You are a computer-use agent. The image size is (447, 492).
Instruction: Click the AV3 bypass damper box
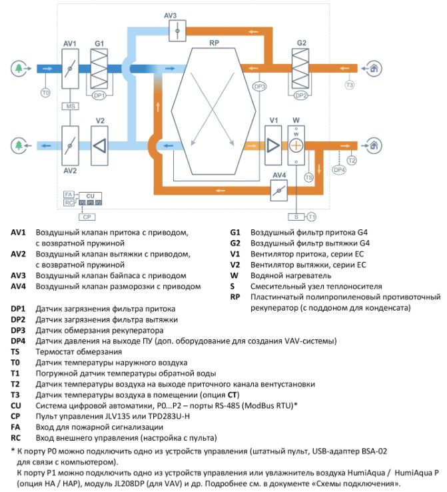click(x=177, y=31)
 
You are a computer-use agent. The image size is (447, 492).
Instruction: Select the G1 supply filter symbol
click(x=99, y=69)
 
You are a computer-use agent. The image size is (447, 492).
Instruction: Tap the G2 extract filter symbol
click(x=300, y=68)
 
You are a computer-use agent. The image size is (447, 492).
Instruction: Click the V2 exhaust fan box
click(x=99, y=145)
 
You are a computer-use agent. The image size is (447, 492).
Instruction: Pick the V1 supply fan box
click(x=273, y=145)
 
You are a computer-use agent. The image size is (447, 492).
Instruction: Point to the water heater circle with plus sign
click(x=296, y=145)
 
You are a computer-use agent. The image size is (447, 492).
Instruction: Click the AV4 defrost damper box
click(x=278, y=190)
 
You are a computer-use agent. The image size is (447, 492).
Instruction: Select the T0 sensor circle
click(x=46, y=93)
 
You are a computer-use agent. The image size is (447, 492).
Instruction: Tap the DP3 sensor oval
click(x=260, y=86)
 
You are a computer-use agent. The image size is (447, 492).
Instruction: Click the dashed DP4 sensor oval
click(x=339, y=170)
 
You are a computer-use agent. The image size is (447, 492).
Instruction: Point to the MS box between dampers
click(x=70, y=107)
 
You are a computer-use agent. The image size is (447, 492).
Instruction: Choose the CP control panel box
click(x=87, y=217)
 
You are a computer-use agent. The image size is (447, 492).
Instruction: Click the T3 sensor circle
click(x=350, y=85)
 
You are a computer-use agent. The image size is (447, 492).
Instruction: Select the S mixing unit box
click(x=296, y=217)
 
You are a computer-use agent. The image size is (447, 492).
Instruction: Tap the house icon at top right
click(x=374, y=68)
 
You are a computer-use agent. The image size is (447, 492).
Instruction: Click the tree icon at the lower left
click(x=19, y=145)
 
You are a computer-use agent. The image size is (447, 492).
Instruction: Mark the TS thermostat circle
click(x=309, y=177)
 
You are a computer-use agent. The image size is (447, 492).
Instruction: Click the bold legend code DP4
click(x=18, y=341)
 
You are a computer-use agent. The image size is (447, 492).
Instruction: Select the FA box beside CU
click(x=69, y=195)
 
